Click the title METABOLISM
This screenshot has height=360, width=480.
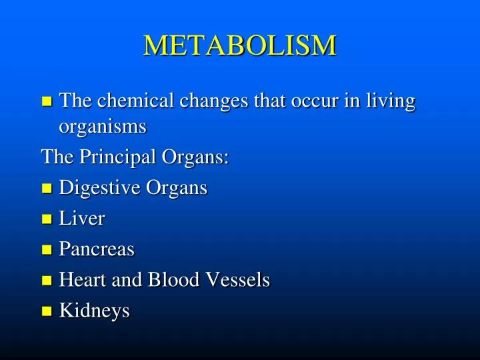click(x=240, y=45)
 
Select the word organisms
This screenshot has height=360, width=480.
click(x=103, y=126)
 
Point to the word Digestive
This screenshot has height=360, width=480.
click(x=101, y=189)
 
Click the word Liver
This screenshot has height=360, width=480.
click(x=82, y=219)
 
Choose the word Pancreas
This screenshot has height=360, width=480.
click(x=97, y=249)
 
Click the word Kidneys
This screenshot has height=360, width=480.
click(x=95, y=311)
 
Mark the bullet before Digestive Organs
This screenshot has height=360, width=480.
click(x=46, y=189)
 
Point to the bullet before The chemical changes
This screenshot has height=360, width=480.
click(x=46, y=102)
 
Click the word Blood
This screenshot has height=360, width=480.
click(x=173, y=280)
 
